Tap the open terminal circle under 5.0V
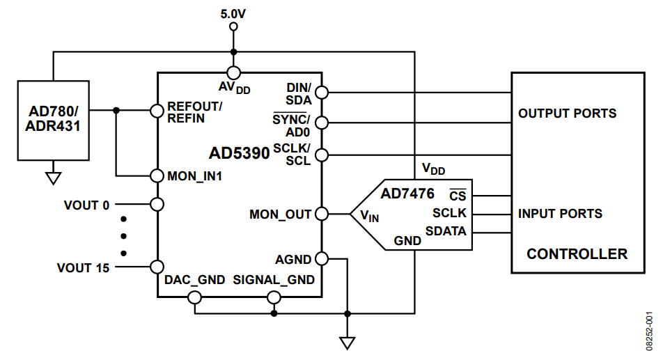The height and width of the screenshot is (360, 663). (x=233, y=26)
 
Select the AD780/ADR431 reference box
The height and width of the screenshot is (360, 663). (x=53, y=119)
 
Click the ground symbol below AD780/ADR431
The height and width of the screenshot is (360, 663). (x=53, y=178)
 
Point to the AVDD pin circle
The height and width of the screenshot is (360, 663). (x=233, y=72)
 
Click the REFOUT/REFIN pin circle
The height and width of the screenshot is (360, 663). (x=157, y=110)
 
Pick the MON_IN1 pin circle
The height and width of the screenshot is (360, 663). (x=157, y=175)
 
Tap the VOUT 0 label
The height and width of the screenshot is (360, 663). (x=86, y=205)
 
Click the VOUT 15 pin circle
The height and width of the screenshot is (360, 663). (x=157, y=267)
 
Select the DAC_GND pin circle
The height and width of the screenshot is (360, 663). (x=195, y=298)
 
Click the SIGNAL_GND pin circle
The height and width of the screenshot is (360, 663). (x=274, y=298)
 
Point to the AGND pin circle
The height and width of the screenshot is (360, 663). (x=321, y=258)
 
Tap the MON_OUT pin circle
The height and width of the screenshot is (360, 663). (x=321, y=214)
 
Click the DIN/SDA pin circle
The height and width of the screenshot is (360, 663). (x=321, y=92)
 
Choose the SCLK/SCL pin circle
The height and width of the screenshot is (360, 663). (x=321, y=154)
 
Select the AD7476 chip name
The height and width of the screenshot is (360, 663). (x=407, y=193)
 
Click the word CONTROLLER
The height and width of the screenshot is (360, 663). (x=577, y=253)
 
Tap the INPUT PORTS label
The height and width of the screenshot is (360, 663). (x=560, y=214)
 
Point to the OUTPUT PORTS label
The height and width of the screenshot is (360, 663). (x=567, y=113)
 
